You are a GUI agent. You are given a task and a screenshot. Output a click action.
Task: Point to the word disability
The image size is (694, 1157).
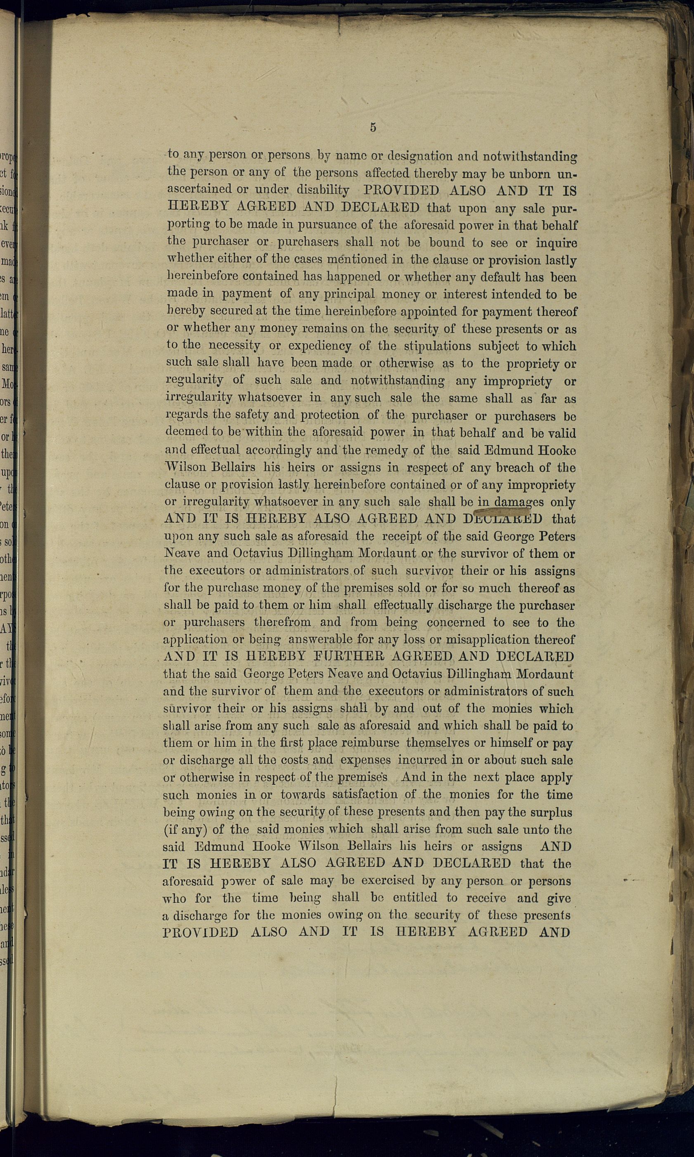pyautogui.click(x=323, y=190)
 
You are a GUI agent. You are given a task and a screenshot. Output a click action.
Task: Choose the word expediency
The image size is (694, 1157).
pyautogui.click(x=320, y=346)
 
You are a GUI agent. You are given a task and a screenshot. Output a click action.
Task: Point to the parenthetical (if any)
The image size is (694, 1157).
pyautogui.click(x=186, y=829)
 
